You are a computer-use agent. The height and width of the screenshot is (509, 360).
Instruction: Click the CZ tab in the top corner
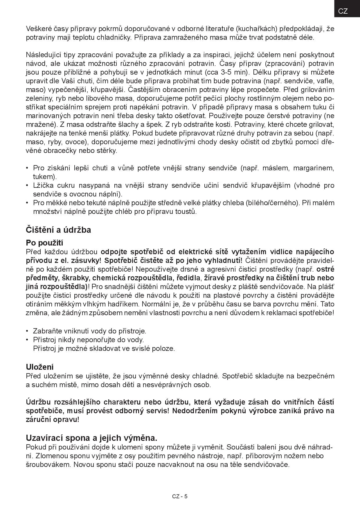click(x=343, y=11)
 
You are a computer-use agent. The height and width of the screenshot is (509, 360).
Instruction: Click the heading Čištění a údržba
click(x=58, y=230)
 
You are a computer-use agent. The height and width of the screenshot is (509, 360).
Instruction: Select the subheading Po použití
click(x=44, y=243)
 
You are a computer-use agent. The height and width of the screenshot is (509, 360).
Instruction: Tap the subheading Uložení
click(x=40, y=367)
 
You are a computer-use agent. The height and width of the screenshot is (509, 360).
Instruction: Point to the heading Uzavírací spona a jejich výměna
click(x=91, y=438)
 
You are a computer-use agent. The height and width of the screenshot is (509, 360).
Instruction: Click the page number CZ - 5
click(x=180, y=496)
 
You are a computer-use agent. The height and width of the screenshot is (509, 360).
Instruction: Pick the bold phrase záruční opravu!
click(x=53, y=420)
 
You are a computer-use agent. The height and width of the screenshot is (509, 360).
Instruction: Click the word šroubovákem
click(x=48, y=464)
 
